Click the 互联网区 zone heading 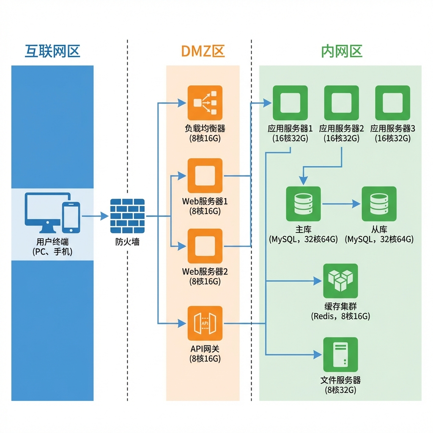(52, 51)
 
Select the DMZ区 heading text (203, 51)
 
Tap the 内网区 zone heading (342, 51)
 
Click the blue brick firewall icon (127, 216)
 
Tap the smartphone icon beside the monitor (71, 216)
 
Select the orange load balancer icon (205, 103)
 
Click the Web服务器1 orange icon (205, 175)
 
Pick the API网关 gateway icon (205, 323)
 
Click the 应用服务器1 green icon (290, 103)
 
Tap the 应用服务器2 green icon (341, 103)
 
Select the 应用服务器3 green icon (392, 103)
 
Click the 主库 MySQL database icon (303, 204)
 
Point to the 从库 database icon (379, 204)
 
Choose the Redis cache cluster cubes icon (340, 281)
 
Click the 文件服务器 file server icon (340, 354)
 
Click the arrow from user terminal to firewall (95, 216)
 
